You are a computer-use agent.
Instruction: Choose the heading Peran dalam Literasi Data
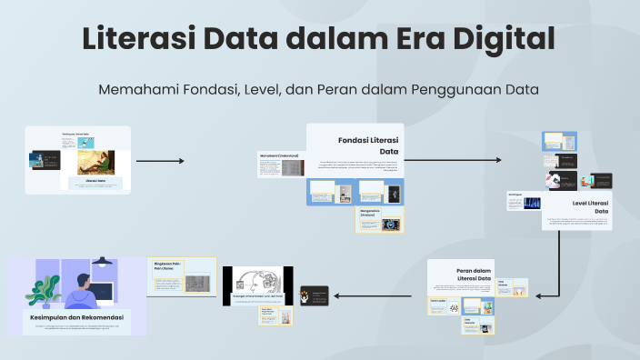[473, 275]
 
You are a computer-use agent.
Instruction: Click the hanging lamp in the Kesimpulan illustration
[102, 262]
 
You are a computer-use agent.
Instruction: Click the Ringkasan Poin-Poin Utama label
[169, 265]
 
